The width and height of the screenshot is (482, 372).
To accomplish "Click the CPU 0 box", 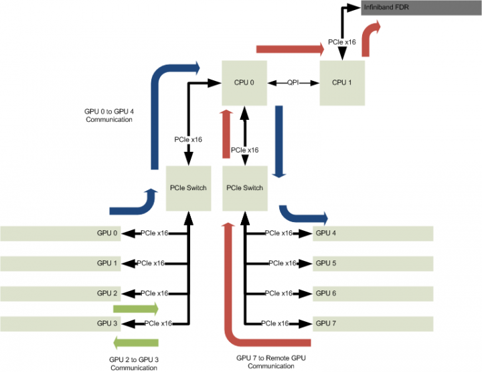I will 244,82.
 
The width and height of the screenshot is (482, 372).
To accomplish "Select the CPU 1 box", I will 342,82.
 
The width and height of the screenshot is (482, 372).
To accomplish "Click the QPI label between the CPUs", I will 293,83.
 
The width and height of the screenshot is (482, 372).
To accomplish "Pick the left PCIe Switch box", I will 188,188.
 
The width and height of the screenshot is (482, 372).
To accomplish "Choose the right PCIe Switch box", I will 244,188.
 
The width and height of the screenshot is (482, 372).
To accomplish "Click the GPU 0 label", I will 107,234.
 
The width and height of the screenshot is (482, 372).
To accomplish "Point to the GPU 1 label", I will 107,264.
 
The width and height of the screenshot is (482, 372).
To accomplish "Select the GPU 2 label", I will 107,294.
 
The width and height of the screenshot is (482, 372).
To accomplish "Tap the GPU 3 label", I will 107,324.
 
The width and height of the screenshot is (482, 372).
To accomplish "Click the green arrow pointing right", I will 136,308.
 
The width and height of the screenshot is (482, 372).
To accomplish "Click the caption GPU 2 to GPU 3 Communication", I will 134,363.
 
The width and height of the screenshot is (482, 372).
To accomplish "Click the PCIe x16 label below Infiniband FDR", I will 342,42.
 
